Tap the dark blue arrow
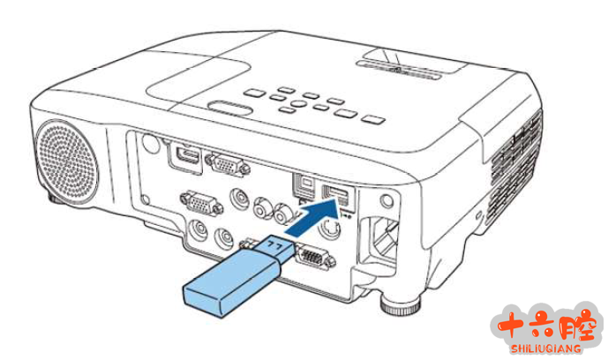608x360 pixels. [x=313, y=219]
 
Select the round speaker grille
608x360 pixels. [x=66, y=161]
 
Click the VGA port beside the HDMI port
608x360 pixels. [x=228, y=166]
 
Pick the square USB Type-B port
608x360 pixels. [x=304, y=187]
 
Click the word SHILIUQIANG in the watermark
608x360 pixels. [x=546, y=348]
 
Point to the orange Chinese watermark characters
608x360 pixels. [x=547, y=326]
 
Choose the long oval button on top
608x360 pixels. [x=230, y=109]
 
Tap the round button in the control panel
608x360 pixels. [x=298, y=103]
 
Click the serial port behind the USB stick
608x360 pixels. [x=314, y=257]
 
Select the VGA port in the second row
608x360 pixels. [x=201, y=202]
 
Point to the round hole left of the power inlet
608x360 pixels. [x=387, y=200]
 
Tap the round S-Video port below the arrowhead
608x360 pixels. [x=330, y=228]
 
